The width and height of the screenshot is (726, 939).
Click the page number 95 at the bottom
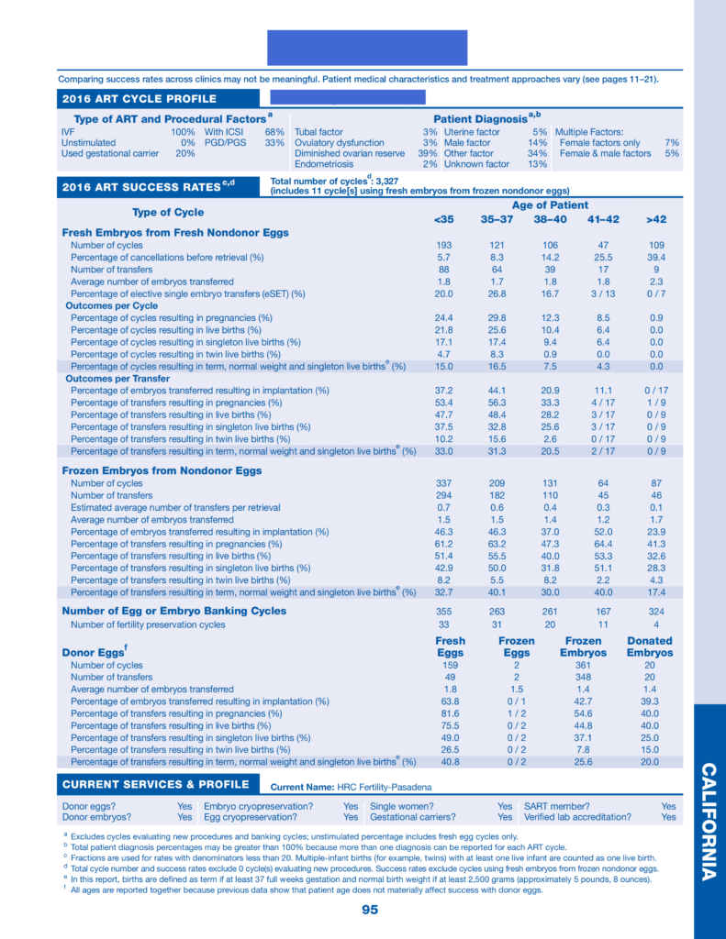pos(370,910)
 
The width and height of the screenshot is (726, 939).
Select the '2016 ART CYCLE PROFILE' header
pos(140,99)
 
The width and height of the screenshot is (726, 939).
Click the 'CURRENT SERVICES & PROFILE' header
pos(155,785)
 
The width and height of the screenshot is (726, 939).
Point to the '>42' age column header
pos(654,219)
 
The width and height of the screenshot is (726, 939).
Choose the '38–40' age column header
pos(551,219)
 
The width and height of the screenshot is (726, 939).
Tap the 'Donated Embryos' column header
pos(649,646)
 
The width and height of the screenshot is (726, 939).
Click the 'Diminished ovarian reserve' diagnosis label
pos(350,154)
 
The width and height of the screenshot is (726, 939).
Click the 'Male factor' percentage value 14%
pos(538,143)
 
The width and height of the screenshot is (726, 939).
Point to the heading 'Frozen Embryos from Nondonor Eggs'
pos(162,470)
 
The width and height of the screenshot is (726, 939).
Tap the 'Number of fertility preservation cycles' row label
pos(148,625)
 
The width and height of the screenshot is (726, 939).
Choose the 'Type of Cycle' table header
pos(168,213)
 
